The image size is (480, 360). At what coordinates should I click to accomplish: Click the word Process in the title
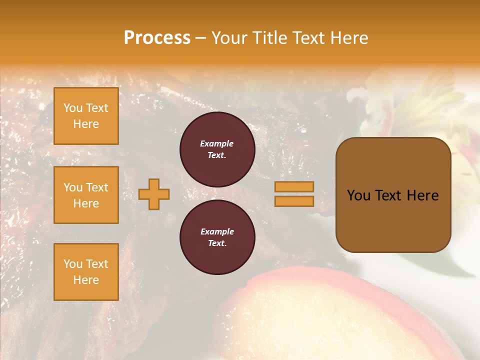(157, 38)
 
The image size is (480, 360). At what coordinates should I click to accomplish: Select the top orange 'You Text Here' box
(86, 116)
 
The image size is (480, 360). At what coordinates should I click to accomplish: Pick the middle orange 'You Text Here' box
(86, 195)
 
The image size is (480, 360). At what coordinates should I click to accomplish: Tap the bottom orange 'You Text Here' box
(86, 272)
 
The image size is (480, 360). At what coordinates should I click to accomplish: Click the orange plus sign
(154, 194)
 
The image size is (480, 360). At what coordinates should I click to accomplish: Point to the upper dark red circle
(217, 149)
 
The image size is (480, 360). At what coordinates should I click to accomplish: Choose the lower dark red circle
(217, 237)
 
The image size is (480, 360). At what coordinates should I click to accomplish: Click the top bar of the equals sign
(294, 187)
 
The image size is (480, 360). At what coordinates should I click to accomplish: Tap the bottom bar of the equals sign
(294, 201)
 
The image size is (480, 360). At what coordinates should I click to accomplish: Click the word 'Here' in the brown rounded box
(422, 195)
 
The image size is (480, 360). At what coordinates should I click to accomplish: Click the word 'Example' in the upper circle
(217, 143)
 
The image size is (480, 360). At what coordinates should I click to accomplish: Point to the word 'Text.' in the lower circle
(217, 243)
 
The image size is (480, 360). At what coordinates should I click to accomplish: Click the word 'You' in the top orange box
(72, 108)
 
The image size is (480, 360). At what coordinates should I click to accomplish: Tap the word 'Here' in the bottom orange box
(86, 280)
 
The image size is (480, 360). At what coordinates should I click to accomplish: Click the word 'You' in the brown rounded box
(358, 195)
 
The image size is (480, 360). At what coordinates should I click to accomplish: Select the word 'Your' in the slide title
(230, 38)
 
